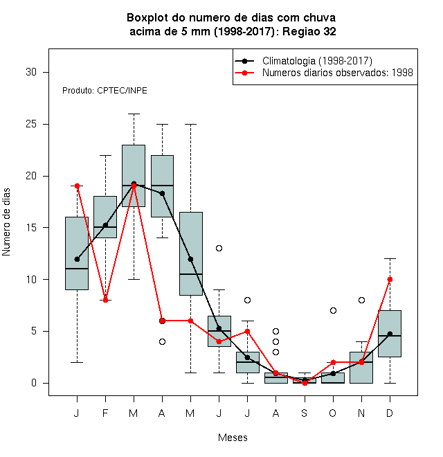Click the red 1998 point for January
click(78, 186)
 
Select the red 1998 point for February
click(105, 300)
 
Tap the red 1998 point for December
click(390, 279)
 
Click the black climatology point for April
click(163, 193)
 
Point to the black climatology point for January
click(78, 259)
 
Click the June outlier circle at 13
click(219, 248)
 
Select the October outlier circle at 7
click(333, 310)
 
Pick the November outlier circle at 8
click(362, 300)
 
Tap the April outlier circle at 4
click(163, 341)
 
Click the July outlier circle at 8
click(247, 300)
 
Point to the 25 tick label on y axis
click(31, 124)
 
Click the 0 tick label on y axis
click(34, 383)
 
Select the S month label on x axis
click(305, 413)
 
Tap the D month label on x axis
click(390, 413)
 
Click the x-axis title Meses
click(233, 438)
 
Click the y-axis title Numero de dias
click(6, 222)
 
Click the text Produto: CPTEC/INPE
click(105, 91)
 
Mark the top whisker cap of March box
click(134, 114)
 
